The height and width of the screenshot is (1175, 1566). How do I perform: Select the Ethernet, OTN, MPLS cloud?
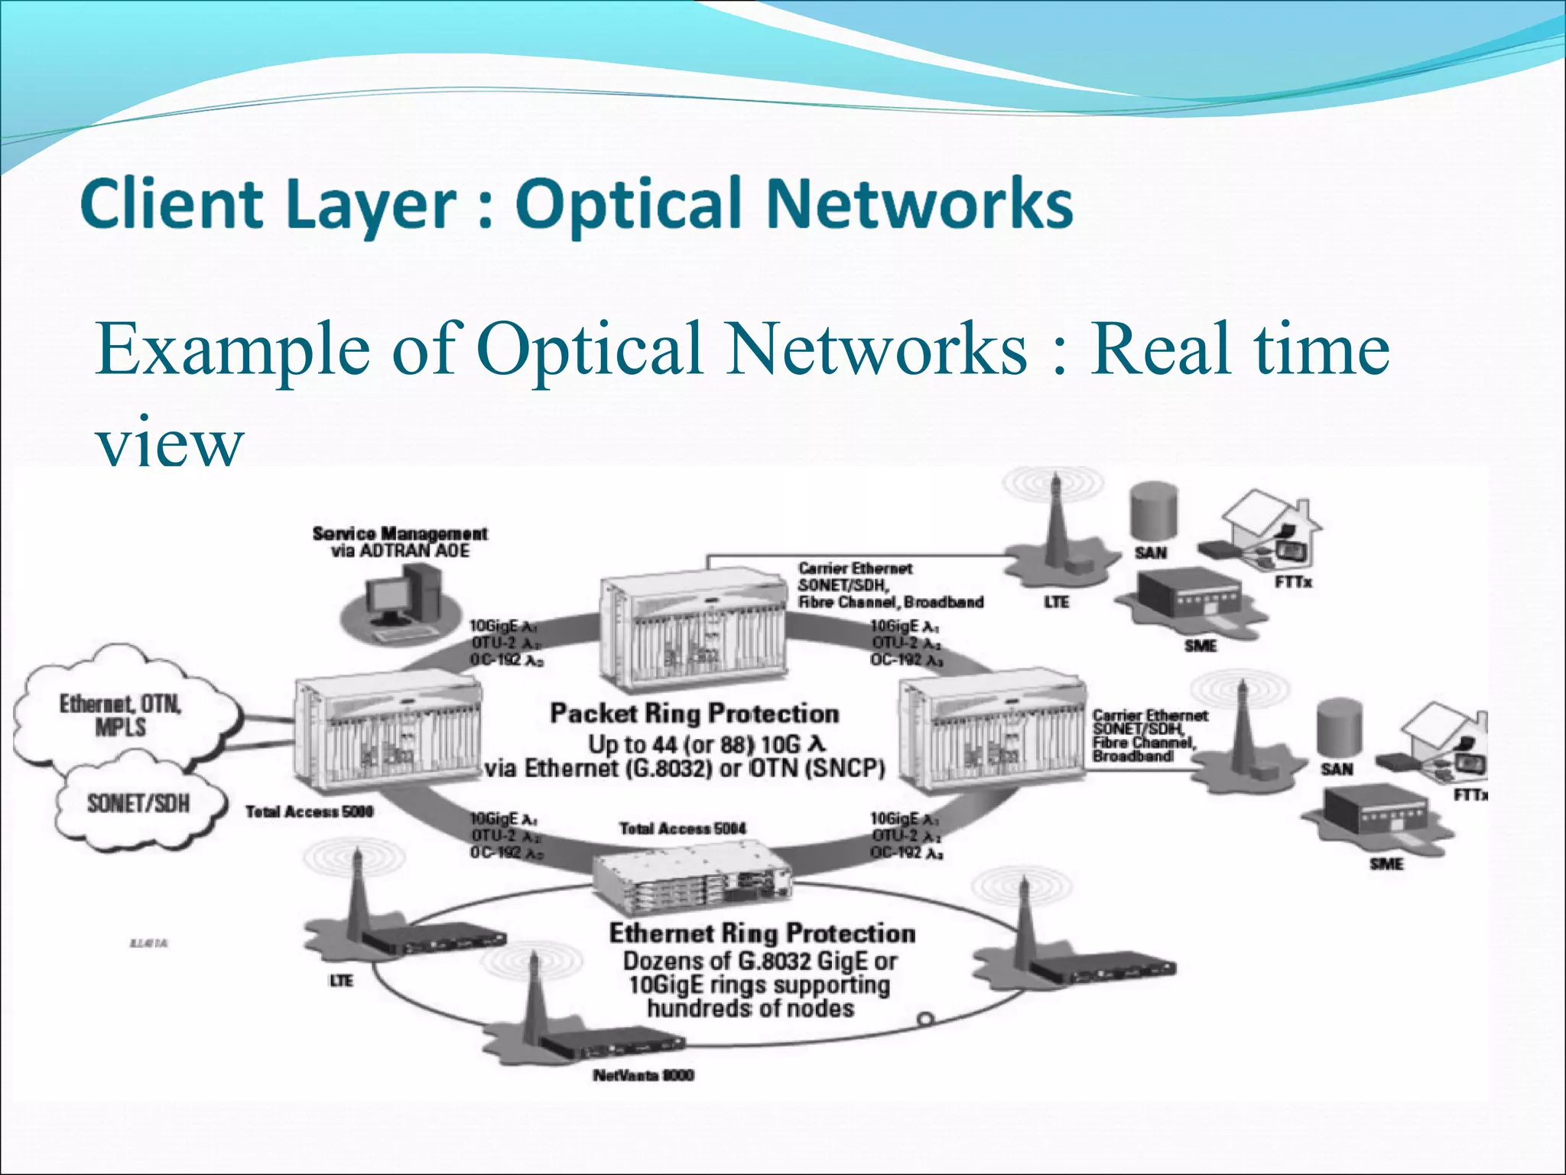(121, 715)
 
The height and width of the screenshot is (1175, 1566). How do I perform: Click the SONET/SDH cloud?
(138, 803)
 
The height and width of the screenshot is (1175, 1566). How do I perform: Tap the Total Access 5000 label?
(309, 812)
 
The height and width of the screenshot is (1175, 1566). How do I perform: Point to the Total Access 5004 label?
(682, 828)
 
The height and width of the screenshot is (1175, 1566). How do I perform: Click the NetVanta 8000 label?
(643, 1076)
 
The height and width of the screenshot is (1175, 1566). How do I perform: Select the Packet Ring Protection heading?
(694, 714)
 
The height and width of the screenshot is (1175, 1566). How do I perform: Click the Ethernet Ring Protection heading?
(762, 933)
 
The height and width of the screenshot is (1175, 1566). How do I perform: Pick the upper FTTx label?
(1293, 583)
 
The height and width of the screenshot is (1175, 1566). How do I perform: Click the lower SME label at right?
(1386, 864)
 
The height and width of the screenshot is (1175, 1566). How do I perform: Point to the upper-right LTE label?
(1056, 603)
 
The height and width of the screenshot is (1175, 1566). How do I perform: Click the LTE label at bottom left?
(341, 981)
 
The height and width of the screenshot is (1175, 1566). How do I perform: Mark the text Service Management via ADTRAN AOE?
(400, 542)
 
